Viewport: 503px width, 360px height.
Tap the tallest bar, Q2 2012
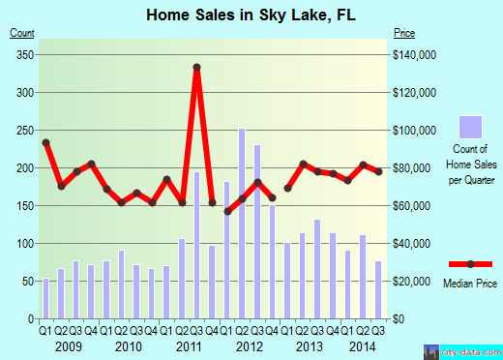(x=242, y=223)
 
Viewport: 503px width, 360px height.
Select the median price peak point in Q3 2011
(x=196, y=67)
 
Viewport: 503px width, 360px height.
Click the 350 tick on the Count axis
(x=22, y=55)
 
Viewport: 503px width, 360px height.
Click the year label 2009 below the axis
(x=68, y=345)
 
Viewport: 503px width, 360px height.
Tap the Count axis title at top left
(x=22, y=33)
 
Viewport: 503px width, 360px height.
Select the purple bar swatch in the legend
(x=470, y=127)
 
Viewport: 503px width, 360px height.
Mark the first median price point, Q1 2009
(x=45, y=142)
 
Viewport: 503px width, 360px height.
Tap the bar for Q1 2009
(x=45, y=298)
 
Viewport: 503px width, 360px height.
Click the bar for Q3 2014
(x=378, y=289)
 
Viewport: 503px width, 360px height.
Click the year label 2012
(x=250, y=345)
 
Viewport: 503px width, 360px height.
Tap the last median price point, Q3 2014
(x=378, y=171)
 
